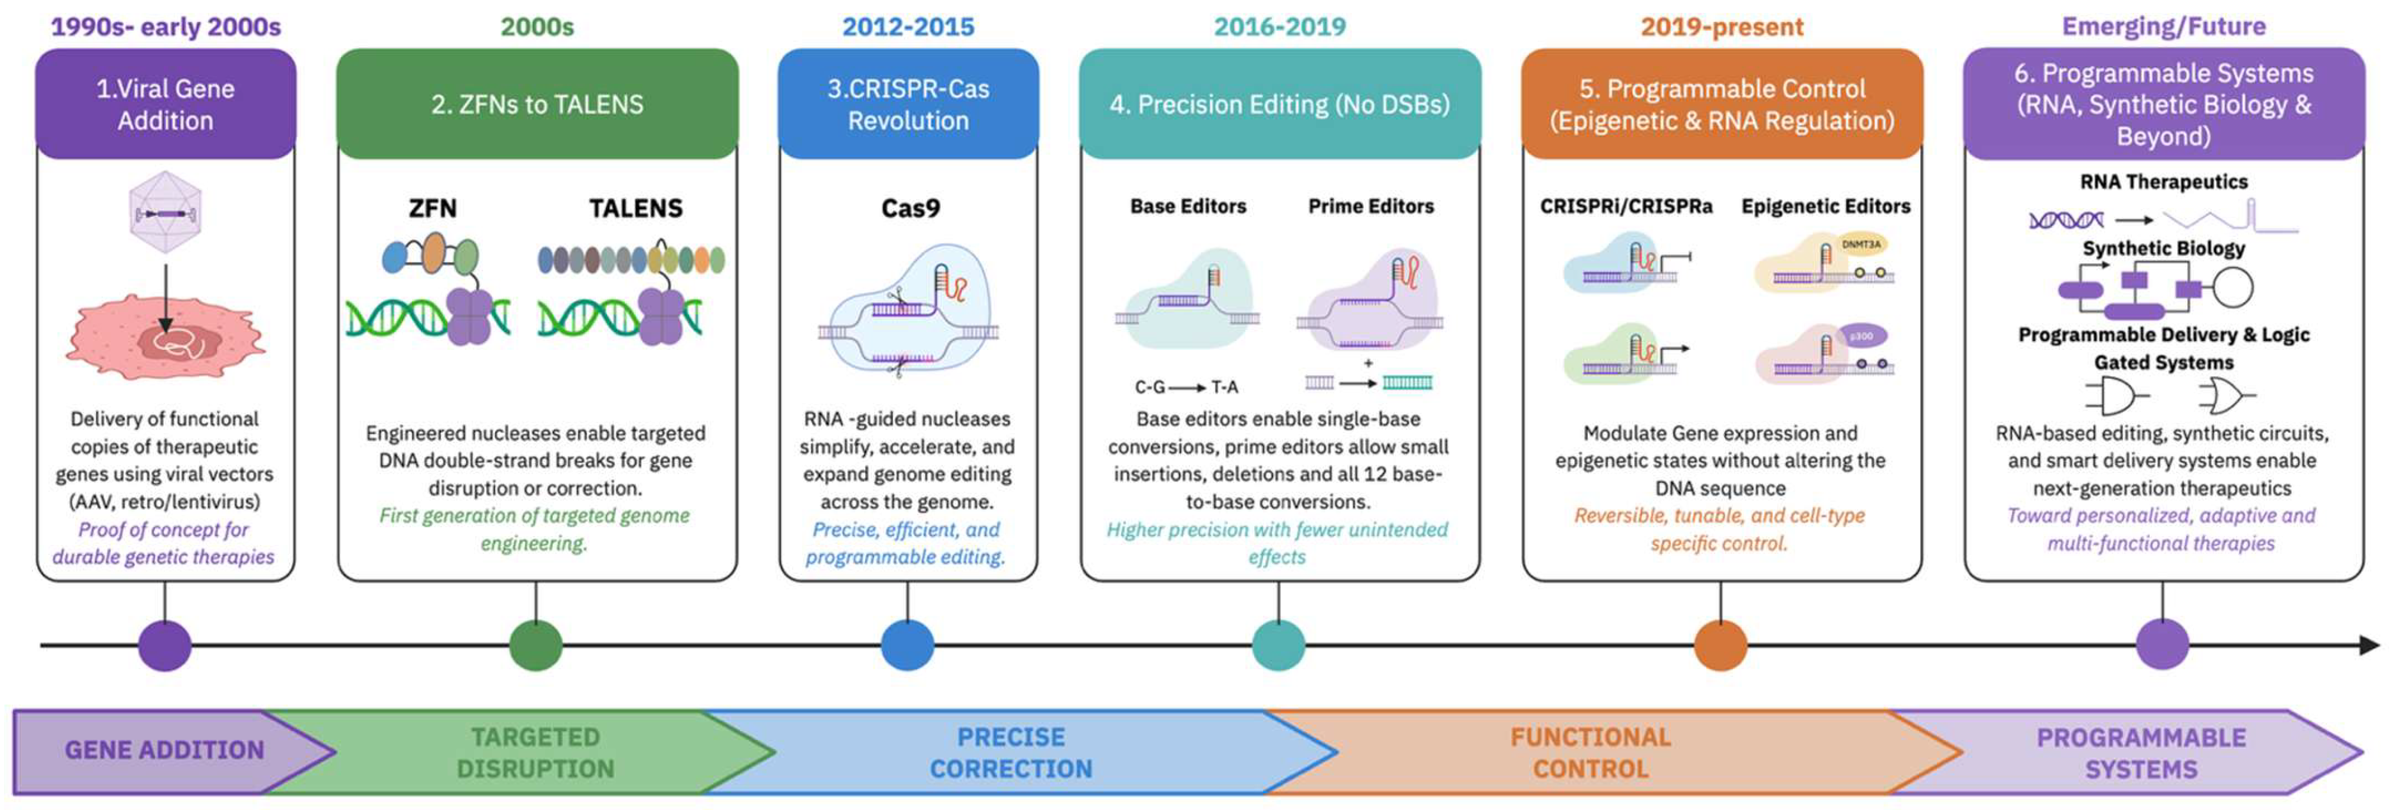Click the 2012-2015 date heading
[x=908, y=26]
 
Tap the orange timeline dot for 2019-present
[x=1720, y=645]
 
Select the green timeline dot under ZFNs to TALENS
[x=535, y=645]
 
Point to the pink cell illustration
[x=165, y=339]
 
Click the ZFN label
[x=433, y=208]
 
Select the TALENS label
[x=635, y=208]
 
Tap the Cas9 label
[x=910, y=208]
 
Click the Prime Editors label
[x=1370, y=206]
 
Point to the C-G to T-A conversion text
[x=1186, y=387]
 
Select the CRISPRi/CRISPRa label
[x=1626, y=206]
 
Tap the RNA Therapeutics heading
[x=2162, y=182]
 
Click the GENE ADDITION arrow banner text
[x=164, y=750]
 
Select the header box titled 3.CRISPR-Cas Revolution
[x=908, y=104]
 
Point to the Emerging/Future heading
[x=2162, y=26]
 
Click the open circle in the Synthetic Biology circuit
[x=2232, y=287]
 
